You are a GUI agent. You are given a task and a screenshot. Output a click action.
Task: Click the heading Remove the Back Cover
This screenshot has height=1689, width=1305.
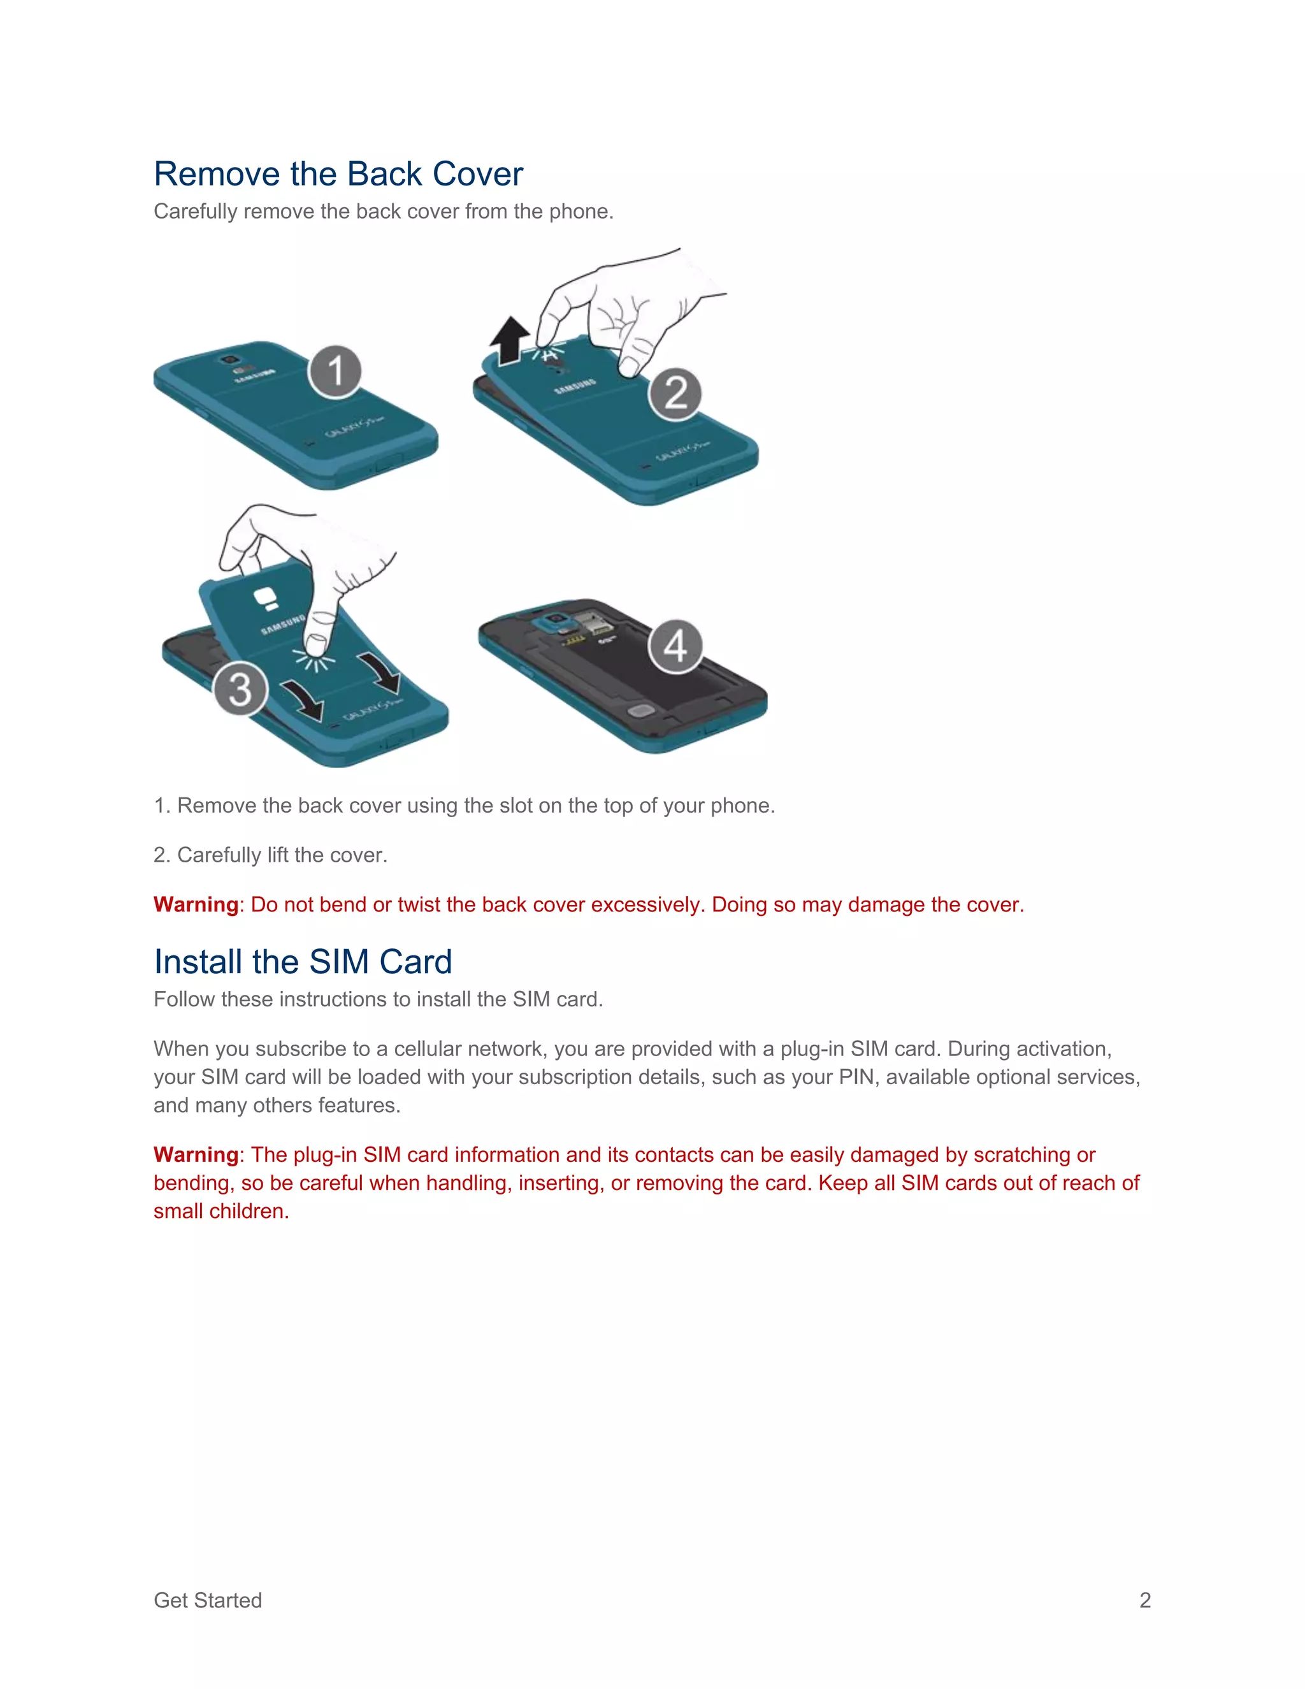[x=338, y=174]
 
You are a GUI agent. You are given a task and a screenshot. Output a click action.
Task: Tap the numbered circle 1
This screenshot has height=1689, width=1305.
[x=335, y=371]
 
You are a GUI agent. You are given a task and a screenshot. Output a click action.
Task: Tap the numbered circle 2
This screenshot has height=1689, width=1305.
[x=675, y=394]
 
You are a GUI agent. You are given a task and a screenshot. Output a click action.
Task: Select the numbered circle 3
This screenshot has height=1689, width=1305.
[x=240, y=688]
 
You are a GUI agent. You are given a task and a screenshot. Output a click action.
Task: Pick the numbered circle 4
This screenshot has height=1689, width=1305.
[x=675, y=646]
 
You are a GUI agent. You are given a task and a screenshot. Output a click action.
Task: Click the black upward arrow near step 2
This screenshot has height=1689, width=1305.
[x=510, y=341]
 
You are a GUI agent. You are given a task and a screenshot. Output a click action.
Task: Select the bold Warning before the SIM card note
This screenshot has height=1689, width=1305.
[x=196, y=1155]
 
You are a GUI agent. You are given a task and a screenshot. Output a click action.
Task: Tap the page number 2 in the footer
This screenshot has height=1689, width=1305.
[x=1145, y=1600]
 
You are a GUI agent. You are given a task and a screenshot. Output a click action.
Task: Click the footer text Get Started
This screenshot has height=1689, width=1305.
[x=208, y=1600]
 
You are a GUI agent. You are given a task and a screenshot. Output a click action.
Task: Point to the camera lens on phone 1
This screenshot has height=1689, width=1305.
[x=229, y=359]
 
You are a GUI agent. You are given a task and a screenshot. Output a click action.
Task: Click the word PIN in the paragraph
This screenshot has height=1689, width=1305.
[x=856, y=1077]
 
